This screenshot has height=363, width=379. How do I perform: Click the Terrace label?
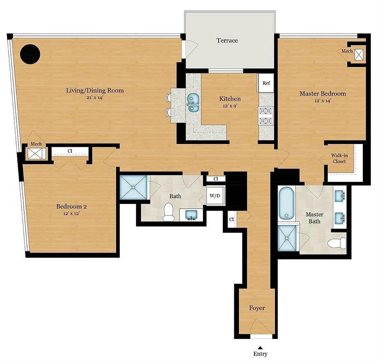pos(227,40)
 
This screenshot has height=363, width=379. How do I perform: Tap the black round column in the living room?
pos(30,54)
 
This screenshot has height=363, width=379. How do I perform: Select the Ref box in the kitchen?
pos(266,83)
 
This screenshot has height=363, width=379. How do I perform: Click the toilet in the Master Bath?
pos(337,243)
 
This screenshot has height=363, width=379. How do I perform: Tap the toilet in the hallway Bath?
pos(168,213)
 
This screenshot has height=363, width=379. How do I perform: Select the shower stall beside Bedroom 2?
pos(133,187)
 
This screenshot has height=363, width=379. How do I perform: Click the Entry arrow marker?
pos(260,347)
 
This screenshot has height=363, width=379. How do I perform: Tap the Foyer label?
pos(257,308)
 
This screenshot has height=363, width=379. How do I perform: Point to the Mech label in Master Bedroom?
pos(347,51)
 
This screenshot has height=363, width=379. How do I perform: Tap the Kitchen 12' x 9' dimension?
pos(230,106)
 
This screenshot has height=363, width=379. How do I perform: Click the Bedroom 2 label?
pos(71,207)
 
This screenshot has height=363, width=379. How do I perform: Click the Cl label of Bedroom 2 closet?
pos(70,151)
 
